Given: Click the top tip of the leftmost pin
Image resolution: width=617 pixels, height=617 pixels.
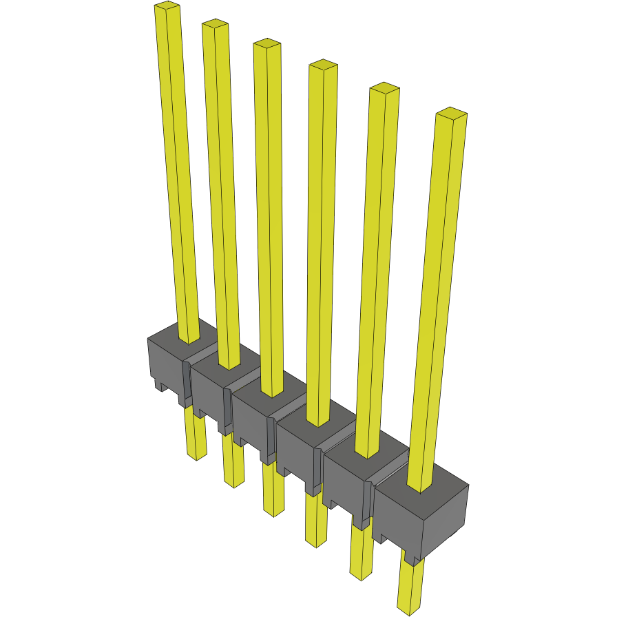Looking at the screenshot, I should [x=167, y=7].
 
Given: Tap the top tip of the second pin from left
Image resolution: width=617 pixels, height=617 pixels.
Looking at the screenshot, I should [x=215, y=25].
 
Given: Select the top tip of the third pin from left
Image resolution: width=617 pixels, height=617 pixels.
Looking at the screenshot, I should [x=266, y=44].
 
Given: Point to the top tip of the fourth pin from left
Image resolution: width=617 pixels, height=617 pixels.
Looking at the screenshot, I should [x=323, y=65].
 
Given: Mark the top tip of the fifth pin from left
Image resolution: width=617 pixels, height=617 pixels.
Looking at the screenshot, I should [x=384, y=88].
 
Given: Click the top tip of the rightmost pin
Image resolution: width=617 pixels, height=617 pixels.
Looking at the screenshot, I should [x=452, y=113].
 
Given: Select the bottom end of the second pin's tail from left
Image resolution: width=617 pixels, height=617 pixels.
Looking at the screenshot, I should [x=235, y=484].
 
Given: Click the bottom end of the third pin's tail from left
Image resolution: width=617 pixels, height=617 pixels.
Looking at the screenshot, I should [x=274, y=513].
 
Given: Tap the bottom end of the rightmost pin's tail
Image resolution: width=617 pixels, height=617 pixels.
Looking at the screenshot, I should [x=409, y=611].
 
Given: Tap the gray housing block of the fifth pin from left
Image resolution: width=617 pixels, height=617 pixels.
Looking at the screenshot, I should [x=344, y=482].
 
